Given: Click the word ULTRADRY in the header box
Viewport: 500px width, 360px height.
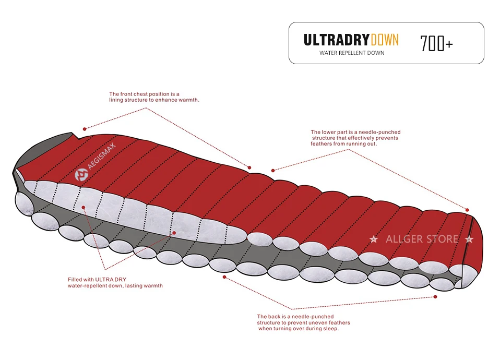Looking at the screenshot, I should [337, 40].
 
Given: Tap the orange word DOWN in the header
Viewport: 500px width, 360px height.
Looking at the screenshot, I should [385, 40].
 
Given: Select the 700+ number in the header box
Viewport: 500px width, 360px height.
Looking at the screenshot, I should [436, 44].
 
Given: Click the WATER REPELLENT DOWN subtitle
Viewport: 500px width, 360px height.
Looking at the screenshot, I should [352, 53].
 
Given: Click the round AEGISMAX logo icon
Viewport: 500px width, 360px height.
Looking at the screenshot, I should [81, 175].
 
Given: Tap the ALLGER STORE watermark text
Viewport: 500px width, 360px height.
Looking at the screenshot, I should [422, 239].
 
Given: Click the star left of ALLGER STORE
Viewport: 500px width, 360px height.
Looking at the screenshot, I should [374, 239].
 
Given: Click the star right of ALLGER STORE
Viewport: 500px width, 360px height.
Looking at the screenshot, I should [469, 239].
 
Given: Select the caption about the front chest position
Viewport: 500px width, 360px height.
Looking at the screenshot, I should [154, 97].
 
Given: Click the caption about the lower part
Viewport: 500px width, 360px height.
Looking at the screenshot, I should [355, 138].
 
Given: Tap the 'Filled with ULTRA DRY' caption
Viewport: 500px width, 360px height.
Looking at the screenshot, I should [115, 282].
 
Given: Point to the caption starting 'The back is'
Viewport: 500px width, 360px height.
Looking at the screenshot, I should [297, 322].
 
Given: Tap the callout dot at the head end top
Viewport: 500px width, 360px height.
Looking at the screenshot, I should [84, 128].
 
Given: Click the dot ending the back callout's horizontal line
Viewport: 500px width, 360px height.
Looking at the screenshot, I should [435, 297].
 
